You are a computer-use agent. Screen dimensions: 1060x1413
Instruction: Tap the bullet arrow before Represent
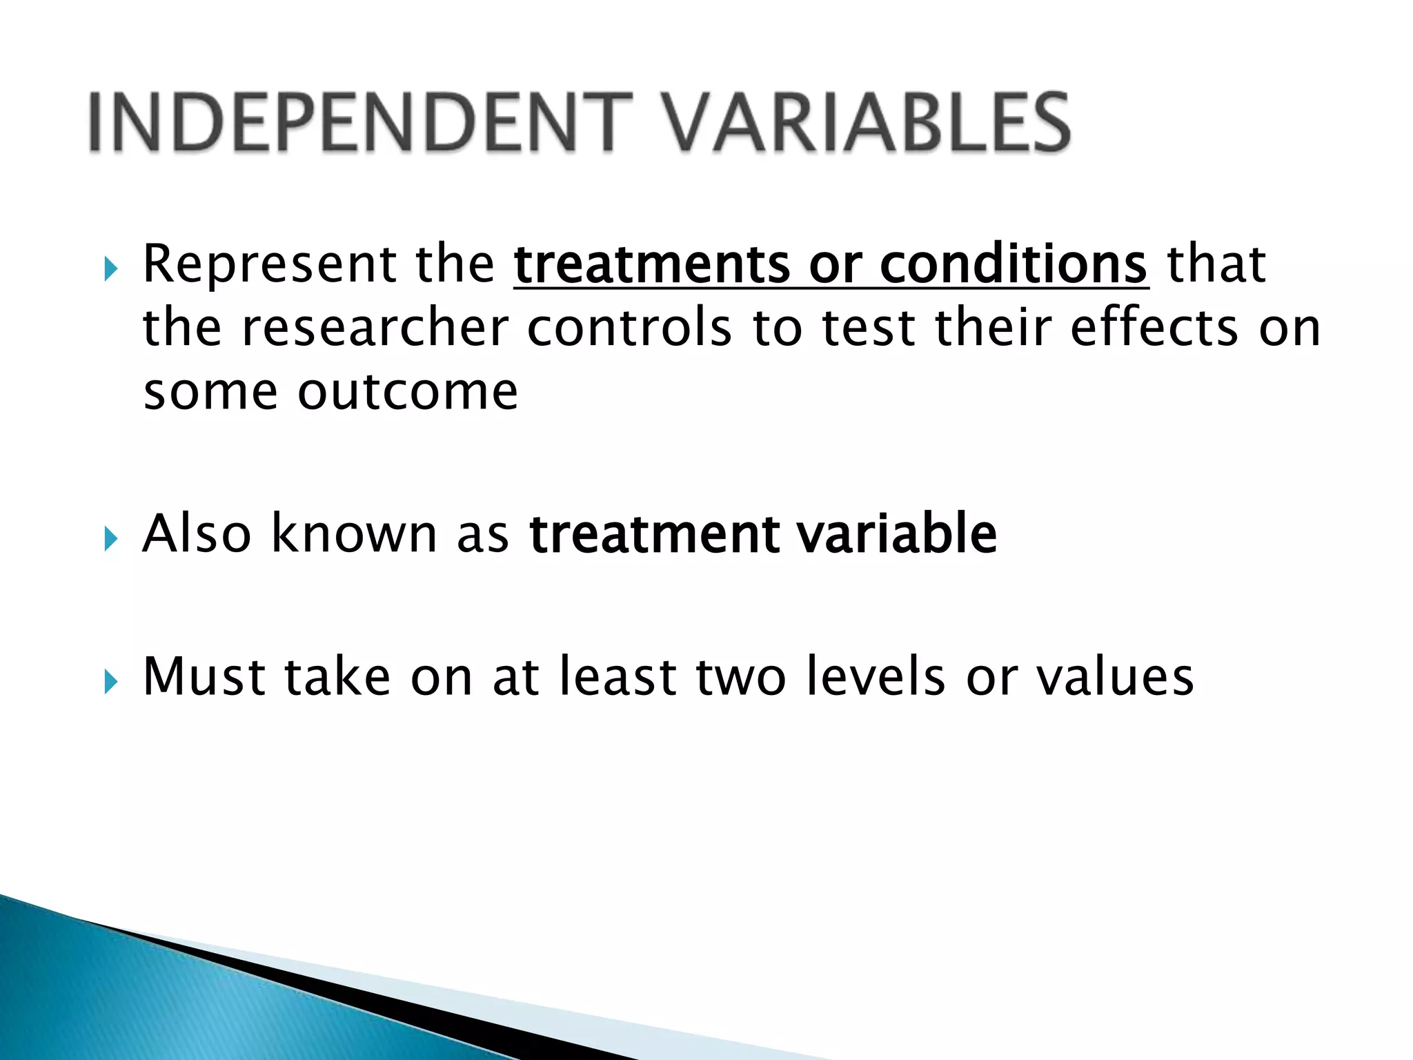point(110,269)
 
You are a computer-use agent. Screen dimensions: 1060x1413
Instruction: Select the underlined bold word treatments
point(651,264)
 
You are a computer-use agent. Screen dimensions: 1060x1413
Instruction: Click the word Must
point(204,677)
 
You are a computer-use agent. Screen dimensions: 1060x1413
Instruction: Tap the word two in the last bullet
point(740,677)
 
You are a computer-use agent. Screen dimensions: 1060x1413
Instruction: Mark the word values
point(1115,677)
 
